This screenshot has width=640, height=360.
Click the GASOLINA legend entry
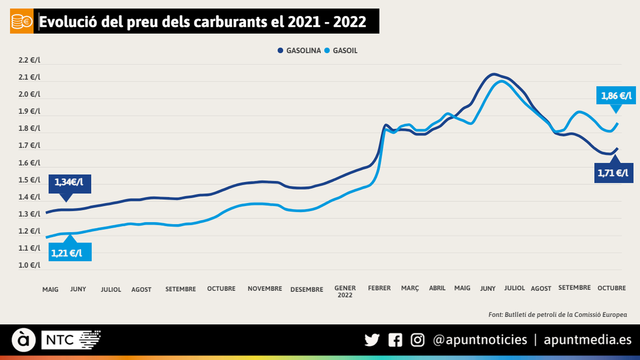pyautogui.click(x=300, y=51)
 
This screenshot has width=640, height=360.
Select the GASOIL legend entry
pyautogui.click(x=341, y=51)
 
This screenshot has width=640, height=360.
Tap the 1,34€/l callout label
pyautogui.click(x=70, y=183)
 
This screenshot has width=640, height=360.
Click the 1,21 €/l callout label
pyautogui.click(x=70, y=252)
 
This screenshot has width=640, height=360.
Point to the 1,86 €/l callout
pyautogui.click(x=616, y=96)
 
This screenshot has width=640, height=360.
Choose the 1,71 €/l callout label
pyautogui.click(x=614, y=173)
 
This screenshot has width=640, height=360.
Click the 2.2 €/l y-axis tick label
pyautogui.click(x=29, y=60)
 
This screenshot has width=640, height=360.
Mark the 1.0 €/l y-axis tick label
pyautogui.click(x=29, y=265)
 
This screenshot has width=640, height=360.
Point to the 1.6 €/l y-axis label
pyautogui.click(x=29, y=163)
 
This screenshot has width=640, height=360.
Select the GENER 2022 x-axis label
pyautogui.click(x=345, y=292)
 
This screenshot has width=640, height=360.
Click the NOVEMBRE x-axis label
pyautogui.click(x=265, y=288)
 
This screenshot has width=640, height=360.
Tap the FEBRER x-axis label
pyautogui.click(x=379, y=288)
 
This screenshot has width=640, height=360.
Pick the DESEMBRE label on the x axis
pyautogui.click(x=307, y=289)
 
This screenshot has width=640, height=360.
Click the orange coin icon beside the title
pyautogui.click(x=22, y=21)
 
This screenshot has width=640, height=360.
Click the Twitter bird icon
pyautogui.click(x=372, y=340)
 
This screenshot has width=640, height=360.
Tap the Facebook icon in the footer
pyautogui.click(x=395, y=340)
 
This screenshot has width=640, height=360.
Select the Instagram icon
pyautogui.click(x=418, y=340)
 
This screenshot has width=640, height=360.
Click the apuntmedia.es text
pyautogui.click(x=587, y=340)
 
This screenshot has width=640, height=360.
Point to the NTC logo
pyautogui.click(x=71, y=340)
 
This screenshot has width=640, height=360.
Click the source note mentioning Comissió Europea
pyautogui.click(x=558, y=315)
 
